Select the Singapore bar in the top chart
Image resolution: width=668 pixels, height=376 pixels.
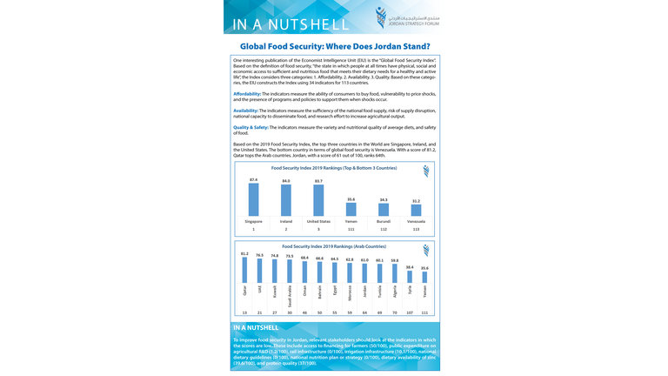(x=253, y=199)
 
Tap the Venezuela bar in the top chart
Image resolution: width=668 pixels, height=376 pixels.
(x=416, y=210)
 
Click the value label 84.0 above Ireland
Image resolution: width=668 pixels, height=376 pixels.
(x=285, y=180)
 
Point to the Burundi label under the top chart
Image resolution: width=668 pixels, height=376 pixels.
(x=384, y=221)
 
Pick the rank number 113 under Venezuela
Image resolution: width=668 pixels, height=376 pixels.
(x=416, y=229)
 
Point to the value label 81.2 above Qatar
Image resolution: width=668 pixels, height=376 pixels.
(x=244, y=254)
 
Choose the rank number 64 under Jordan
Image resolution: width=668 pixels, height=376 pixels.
(x=364, y=312)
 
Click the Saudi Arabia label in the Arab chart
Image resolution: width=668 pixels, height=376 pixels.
(x=290, y=297)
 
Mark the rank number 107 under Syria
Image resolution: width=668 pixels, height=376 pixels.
(x=410, y=312)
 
